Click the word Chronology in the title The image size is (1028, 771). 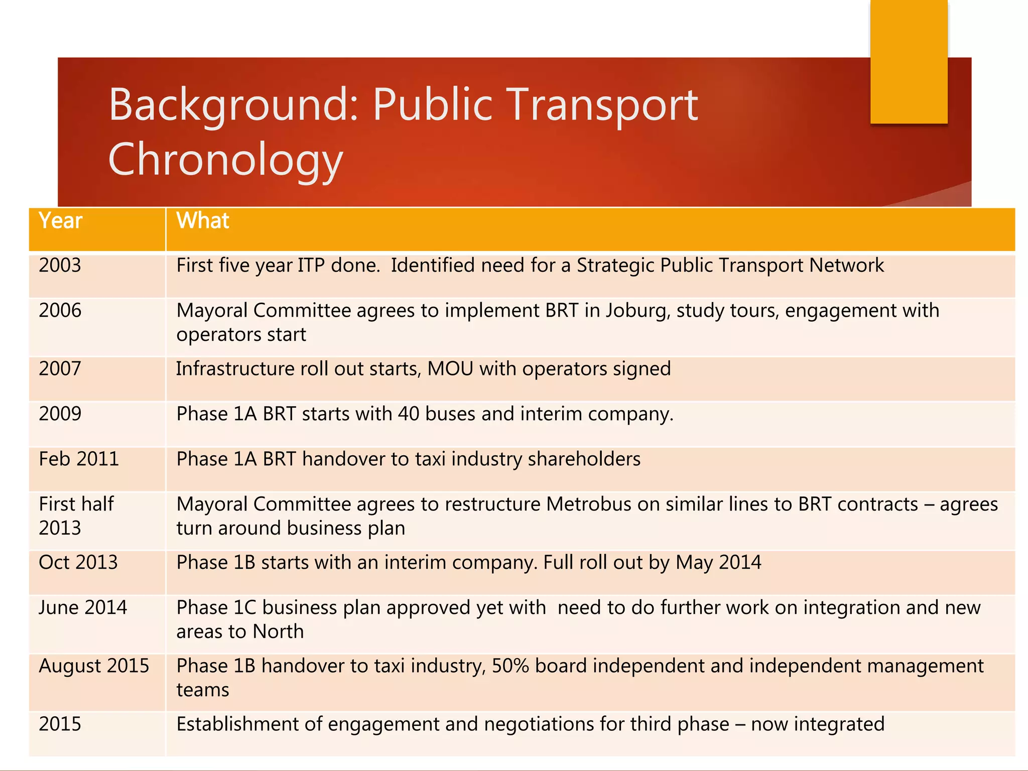pos(225,160)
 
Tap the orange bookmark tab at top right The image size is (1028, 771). pos(909,61)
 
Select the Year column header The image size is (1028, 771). pos(60,221)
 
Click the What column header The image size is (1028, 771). pos(202,221)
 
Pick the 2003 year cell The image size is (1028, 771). pos(60,266)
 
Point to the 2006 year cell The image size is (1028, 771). pos(60,311)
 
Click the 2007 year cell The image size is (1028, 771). pos(60,369)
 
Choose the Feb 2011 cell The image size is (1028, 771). pos(79,459)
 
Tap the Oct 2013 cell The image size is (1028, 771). pos(78,563)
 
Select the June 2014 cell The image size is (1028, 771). pos(83,608)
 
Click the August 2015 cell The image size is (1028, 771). pos(94,666)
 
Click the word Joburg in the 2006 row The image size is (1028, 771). pos(637,311)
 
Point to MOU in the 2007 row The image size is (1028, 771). pos(450,369)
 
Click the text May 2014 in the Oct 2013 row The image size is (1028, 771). pos(718,563)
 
